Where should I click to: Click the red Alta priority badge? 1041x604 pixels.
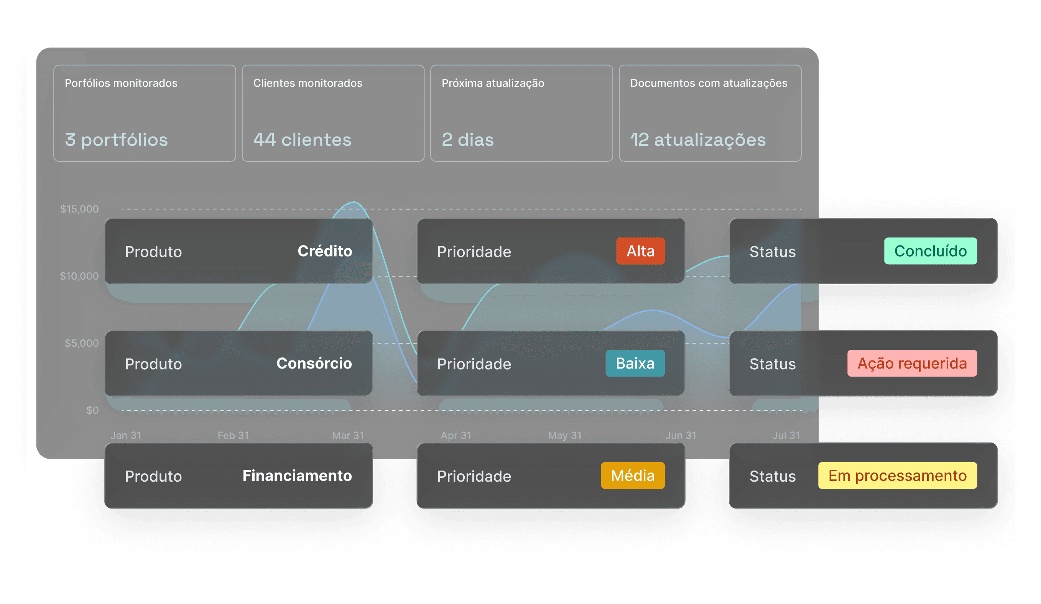pos(640,251)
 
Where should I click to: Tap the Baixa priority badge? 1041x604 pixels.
pos(635,363)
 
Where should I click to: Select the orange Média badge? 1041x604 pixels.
pos(632,476)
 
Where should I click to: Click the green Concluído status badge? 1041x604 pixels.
pos(930,251)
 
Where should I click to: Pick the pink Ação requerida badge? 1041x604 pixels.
pos(912,363)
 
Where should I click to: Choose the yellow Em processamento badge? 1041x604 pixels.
pos(897,476)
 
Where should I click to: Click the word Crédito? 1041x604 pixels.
pos(325,251)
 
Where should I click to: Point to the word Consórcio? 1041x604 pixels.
pos(314,363)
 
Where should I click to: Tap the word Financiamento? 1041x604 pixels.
pos(297,476)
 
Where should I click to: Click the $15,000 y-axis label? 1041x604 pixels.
pos(79,209)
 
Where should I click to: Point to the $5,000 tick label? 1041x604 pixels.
pos(81,343)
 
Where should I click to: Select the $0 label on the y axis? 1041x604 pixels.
pos(92,410)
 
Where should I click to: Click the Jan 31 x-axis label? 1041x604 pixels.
pos(126,435)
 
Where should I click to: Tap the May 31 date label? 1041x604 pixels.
pos(564,435)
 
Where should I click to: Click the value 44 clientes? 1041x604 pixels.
pos(302,140)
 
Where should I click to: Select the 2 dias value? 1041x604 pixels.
pos(468,140)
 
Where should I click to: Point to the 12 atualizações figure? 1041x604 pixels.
pos(698,140)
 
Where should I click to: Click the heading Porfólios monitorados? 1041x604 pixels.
pos(121,83)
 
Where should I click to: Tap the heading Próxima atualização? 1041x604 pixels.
pos(493,83)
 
